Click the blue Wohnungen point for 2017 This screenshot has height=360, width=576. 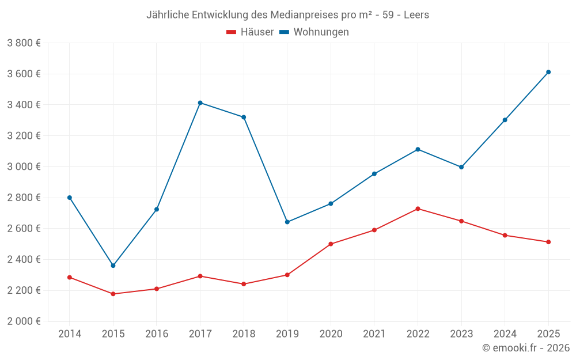[200, 103]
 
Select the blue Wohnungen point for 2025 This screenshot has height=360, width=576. [548, 72]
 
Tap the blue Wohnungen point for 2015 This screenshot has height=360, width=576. [113, 266]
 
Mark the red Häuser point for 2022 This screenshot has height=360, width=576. [418, 209]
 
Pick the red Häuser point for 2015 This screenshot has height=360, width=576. [113, 294]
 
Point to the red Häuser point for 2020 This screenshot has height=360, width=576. [331, 244]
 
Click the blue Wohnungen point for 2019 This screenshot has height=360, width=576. [287, 222]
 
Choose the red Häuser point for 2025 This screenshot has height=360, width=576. [548, 242]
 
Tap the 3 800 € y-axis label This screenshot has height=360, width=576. [24, 43]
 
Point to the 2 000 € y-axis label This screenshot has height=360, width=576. [24, 321]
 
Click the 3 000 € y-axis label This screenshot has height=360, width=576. [24, 167]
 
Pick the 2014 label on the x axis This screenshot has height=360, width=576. [70, 334]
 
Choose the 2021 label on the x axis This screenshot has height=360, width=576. [374, 334]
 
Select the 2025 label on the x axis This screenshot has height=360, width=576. [548, 334]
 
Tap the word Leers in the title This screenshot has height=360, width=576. [416, 15]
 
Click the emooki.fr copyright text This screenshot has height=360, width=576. [525, 348]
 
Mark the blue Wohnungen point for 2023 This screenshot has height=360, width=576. [461, 167]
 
